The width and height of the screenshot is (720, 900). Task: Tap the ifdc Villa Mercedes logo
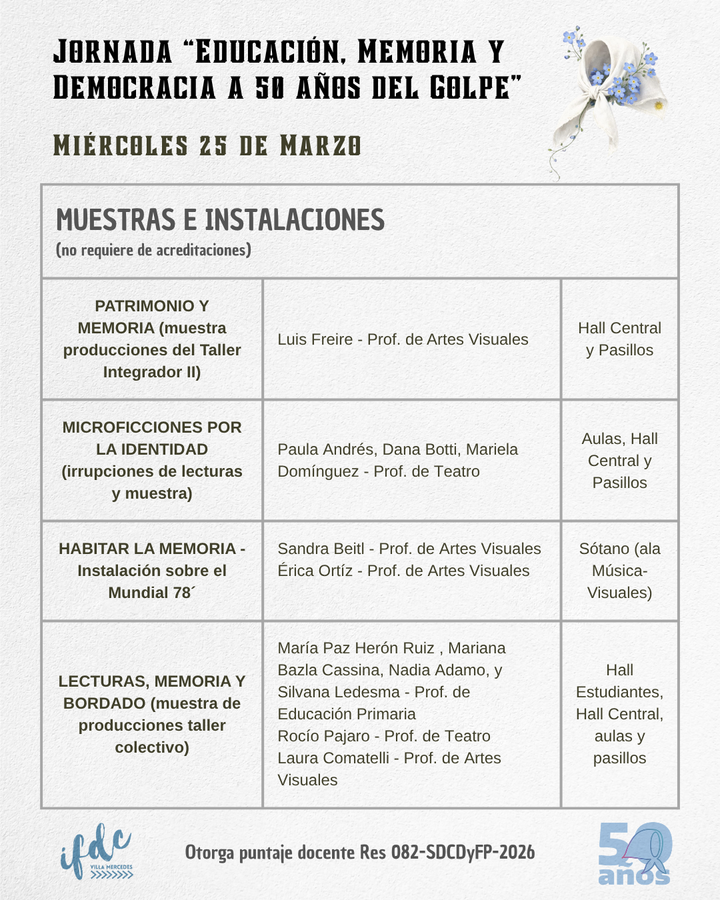(97, 852)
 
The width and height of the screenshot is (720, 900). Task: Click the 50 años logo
(635, 854)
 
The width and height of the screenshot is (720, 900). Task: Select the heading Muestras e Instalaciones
(221, 220)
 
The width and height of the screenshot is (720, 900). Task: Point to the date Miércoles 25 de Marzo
(207, 146)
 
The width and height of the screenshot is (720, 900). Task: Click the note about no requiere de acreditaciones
(154, 251)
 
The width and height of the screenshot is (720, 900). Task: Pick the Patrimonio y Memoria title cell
(152, 339)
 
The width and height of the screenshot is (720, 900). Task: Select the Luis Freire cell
(403, 339)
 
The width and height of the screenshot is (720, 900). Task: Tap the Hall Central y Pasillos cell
(619, 339)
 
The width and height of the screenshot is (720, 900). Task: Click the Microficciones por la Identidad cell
(152, 460)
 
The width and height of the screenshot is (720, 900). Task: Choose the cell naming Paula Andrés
(397, 460)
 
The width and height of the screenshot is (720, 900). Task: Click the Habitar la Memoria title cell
(152, 571)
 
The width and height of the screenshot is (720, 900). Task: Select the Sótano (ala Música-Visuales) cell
(619, 571)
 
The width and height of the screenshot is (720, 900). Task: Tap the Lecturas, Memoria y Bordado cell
(152, 714)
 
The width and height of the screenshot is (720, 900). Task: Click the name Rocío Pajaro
(323, 736)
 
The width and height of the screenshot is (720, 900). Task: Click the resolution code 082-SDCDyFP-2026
(463, 853)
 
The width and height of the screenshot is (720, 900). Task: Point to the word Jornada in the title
(113, 53)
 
